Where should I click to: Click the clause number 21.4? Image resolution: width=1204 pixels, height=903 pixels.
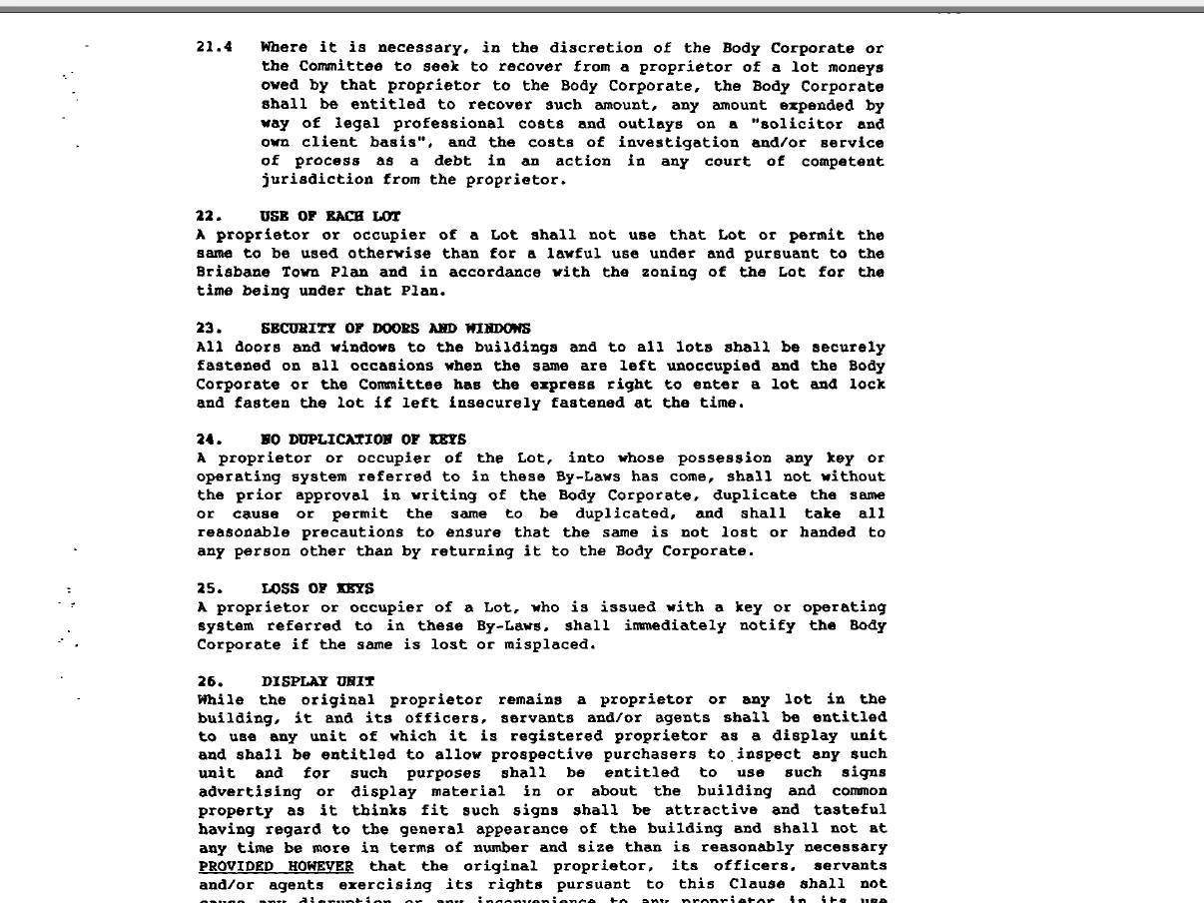[x=215, y=47]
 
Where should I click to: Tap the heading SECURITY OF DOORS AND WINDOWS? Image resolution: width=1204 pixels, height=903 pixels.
[x=395, y=329]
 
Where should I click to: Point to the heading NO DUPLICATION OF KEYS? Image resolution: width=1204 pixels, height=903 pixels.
[x=363, y=440]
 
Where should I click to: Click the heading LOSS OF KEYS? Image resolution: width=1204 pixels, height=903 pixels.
[x=317, y=588]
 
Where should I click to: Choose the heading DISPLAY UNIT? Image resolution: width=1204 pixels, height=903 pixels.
[x=317, y=681]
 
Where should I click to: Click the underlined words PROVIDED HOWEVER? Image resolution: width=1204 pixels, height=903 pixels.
[x=276, y=866]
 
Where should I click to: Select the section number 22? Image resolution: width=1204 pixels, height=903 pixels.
[x=208, y=216]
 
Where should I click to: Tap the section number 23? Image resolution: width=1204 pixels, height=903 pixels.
[x=208, y=329]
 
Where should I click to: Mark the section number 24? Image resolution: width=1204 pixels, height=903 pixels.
[x=208, y=440]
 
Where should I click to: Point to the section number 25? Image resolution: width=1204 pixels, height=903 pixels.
[x=208, y=588]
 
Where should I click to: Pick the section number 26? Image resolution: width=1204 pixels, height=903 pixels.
[x=208, y=681]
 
